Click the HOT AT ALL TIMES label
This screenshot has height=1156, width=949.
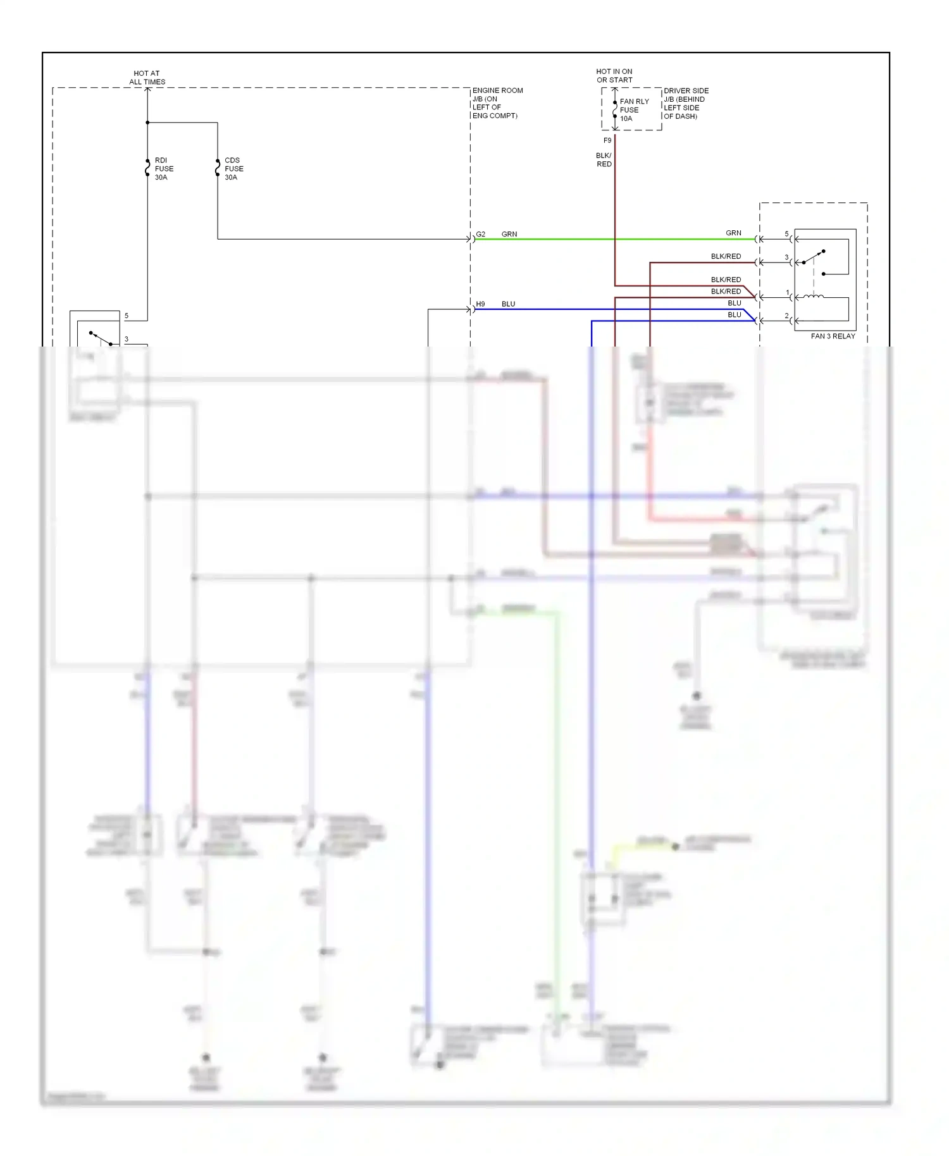[147, 78]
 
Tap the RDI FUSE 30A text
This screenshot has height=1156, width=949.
[164, 169]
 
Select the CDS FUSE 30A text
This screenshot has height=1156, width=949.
[233, 169]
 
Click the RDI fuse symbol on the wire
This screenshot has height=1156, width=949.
[147, 168]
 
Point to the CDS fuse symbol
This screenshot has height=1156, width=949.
[218, 168]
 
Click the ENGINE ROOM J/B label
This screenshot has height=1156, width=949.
[497, 103]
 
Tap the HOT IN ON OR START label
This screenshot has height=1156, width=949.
[614, 76]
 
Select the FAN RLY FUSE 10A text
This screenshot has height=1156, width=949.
[634, 110]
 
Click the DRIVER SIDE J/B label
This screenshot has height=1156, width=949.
[686, 104]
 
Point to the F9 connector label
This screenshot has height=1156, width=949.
[607, 140]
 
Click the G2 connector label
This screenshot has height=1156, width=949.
[481, 234]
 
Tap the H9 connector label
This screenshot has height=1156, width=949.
[481, 304]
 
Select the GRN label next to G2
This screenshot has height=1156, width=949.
[509, 234]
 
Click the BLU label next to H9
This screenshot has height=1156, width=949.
[509, 304]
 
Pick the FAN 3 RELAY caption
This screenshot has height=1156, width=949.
[833, 336]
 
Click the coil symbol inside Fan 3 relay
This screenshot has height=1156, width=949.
[814, 296]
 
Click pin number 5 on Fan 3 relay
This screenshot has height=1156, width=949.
[787, 234]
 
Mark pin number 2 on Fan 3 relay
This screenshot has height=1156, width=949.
[787, 316]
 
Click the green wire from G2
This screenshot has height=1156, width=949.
[614, 239]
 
